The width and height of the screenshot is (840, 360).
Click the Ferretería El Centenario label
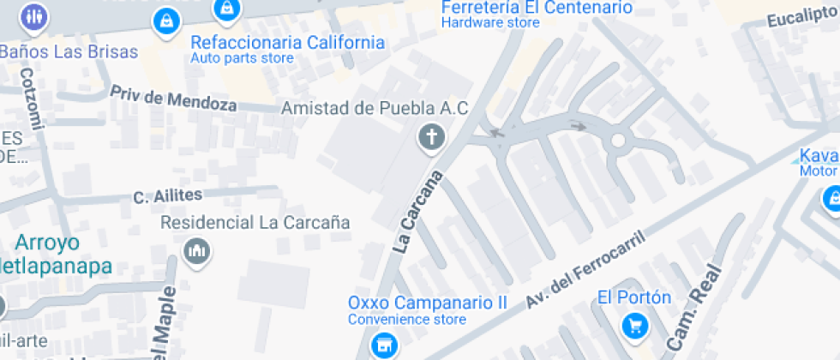[537, 9]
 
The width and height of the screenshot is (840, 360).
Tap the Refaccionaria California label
[287, 43]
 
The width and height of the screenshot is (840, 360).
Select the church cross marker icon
[432, 136]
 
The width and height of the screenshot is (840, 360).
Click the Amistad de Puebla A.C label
[375, 108]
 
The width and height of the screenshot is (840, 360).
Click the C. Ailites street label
[167, 197]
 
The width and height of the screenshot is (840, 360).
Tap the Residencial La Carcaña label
[255, 223]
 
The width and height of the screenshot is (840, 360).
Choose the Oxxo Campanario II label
[428, 303]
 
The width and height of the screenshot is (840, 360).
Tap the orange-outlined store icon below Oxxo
[383, 346]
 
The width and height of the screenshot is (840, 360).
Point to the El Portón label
[634, 297]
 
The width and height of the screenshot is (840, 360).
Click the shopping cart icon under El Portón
[634, 326]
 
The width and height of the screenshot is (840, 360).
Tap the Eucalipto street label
[801, 19]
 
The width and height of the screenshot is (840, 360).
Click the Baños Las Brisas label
[69, 51]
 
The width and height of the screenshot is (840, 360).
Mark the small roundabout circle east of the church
[617, 141]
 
